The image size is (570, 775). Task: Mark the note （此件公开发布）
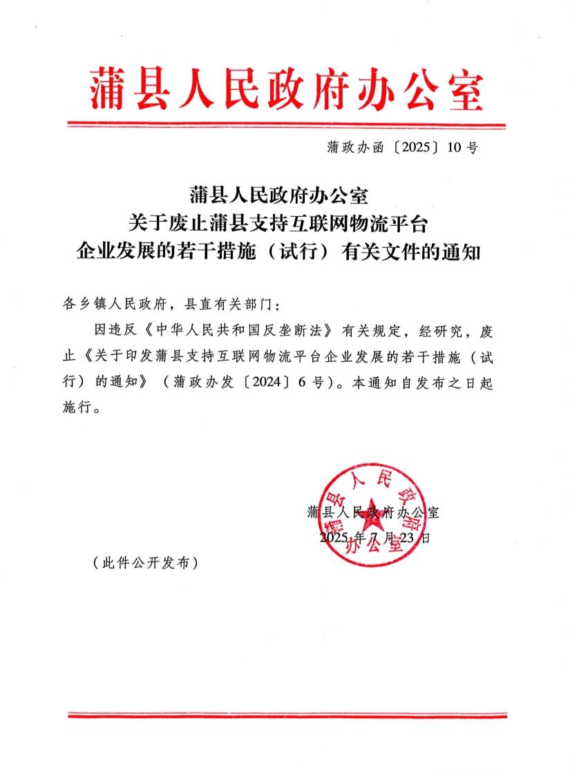coord(145,563)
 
